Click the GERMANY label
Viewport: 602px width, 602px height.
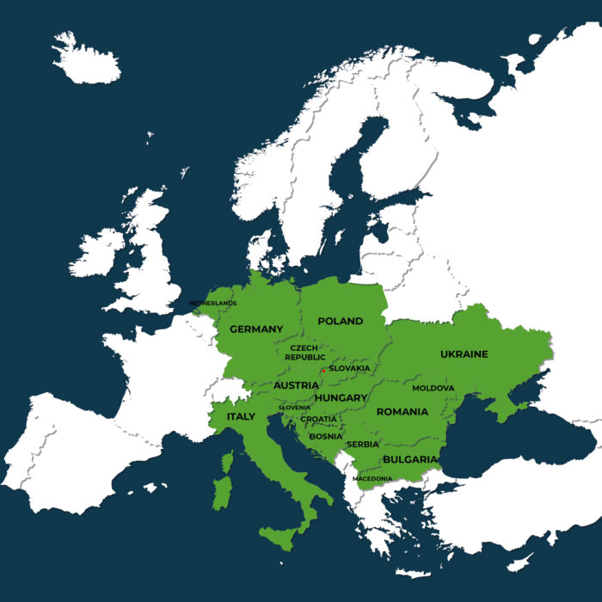256,329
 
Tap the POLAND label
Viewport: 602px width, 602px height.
341,322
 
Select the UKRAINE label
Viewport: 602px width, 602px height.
464,354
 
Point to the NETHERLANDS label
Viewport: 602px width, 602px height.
213,304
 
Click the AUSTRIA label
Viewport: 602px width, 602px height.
296,386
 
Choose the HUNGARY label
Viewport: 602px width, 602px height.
341,398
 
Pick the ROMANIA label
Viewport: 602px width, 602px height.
402,412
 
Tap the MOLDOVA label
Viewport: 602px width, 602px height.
433,389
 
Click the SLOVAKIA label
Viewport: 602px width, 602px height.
349,369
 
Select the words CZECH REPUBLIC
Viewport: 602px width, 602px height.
304,353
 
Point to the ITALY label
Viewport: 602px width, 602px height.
241,416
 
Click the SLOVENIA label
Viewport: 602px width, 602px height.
294,408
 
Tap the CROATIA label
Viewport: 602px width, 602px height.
319,420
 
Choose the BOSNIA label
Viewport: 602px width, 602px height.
326,436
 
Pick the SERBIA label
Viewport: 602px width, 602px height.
362,444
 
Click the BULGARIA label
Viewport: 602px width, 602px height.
409,460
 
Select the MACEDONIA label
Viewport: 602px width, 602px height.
372,478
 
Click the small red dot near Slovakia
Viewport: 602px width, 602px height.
322,370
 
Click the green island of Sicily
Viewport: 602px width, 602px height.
279,539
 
